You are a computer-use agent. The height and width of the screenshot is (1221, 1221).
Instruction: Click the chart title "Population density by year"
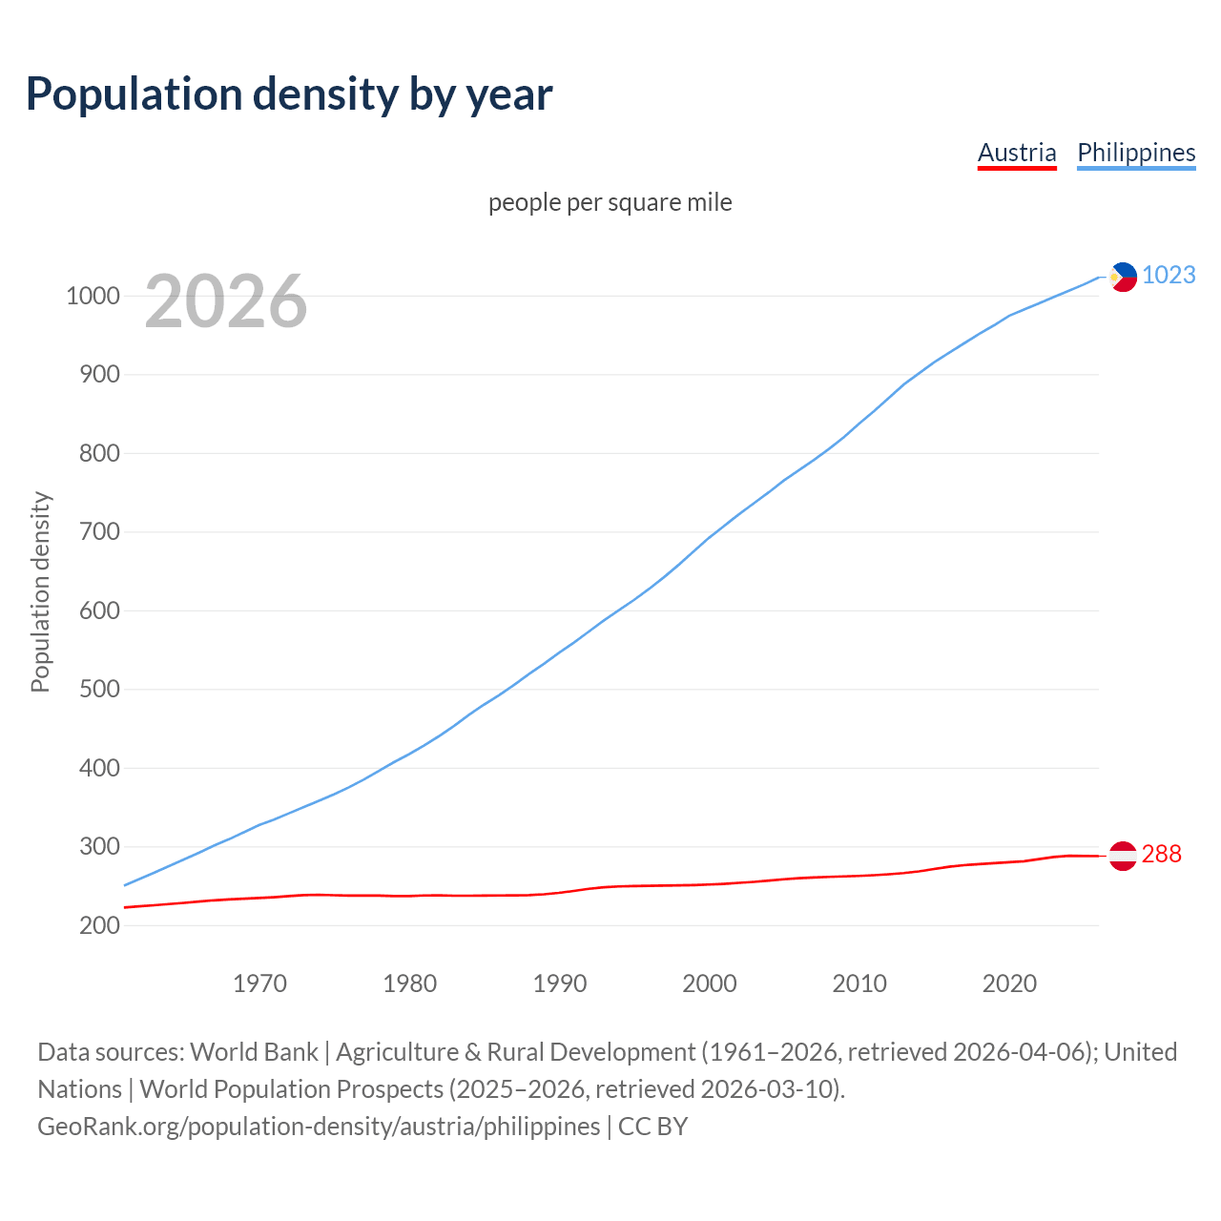(x=289, y=94)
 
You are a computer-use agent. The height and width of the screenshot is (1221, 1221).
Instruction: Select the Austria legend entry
(x=1017, y=153)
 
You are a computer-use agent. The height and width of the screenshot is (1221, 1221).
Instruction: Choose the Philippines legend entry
(x=1136, y=153)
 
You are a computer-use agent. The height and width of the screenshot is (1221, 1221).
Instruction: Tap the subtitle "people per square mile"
(x=610, y=202)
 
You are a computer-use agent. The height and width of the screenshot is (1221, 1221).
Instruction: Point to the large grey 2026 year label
(x=226, y=301)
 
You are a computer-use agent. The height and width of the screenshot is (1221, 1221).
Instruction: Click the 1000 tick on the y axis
(x=93, y=297)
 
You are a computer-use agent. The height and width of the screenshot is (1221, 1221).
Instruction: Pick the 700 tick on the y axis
(x=99, y=532)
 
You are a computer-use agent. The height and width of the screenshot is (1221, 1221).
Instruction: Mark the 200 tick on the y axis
(x=99, y=925)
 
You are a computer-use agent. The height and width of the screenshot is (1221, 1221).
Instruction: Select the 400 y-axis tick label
(x=99, y=768)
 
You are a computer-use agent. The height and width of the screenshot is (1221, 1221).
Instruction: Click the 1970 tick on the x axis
(x=259, y=983)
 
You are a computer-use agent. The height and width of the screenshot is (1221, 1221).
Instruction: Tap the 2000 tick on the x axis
(x=709, y=983)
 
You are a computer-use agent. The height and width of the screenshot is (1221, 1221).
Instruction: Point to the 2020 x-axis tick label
(x=1009, y=983)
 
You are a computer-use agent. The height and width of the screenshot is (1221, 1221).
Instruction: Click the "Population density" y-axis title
(x=40, y=591)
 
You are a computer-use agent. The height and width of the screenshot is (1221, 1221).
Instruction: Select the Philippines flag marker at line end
(x=1123, y=277)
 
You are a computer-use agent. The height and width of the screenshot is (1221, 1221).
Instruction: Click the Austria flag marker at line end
(x=1123, y=856)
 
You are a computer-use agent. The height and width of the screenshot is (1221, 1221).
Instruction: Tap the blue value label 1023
(x=1169, y=276)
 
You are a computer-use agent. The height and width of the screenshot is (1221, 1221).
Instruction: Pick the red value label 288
(x=1161, y=855)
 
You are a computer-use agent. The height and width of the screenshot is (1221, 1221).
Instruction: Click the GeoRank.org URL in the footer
(x=319, y=1127)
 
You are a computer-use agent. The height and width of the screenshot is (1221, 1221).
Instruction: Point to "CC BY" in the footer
(x=652, y=1127)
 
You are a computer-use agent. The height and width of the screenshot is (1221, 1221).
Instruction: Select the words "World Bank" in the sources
(x=254, y=1052)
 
